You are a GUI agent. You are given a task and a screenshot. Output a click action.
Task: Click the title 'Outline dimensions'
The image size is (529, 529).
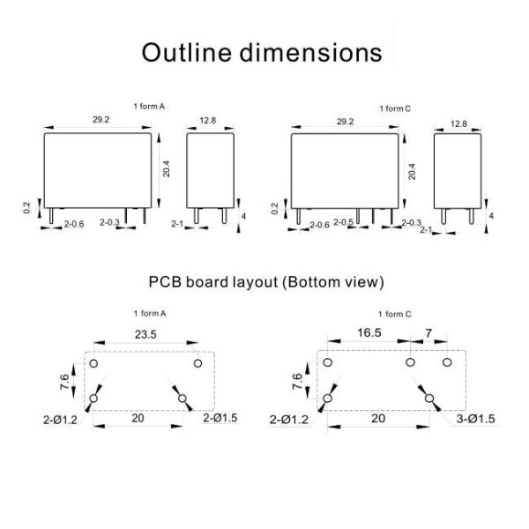262,53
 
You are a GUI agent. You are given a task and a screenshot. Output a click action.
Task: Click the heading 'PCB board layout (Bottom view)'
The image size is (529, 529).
266,282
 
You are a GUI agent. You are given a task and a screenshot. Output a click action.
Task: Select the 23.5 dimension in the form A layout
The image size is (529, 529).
145,334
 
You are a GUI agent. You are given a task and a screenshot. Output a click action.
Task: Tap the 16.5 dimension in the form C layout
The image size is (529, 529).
369,333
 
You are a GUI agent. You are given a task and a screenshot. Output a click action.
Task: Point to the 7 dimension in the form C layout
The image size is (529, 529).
428,333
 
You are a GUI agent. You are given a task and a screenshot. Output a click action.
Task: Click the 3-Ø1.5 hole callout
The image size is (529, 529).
476,419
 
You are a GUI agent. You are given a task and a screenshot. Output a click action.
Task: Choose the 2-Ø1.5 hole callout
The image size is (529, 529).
220,418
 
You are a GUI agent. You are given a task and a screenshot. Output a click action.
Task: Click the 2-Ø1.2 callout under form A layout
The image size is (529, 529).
60,420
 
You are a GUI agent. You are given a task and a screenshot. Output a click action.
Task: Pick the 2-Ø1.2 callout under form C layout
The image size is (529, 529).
289,420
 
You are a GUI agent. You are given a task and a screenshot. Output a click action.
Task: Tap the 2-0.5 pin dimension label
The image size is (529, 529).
344,222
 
